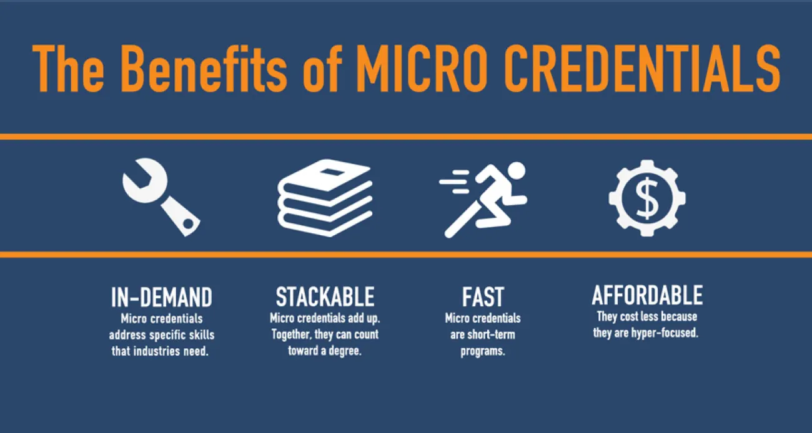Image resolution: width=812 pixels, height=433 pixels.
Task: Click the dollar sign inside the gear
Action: click(x=647, y=198)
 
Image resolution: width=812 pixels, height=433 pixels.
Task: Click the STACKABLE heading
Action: click(x=325, y=296)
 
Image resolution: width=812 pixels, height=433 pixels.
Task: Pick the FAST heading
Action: click(x=483, y=296)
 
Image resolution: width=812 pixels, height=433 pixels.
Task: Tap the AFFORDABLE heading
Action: click(x=647, y=294)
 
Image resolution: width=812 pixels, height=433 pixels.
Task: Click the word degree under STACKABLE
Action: click(x=345, y=351)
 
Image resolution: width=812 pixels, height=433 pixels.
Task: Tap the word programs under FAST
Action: click(x=482, y=351)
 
